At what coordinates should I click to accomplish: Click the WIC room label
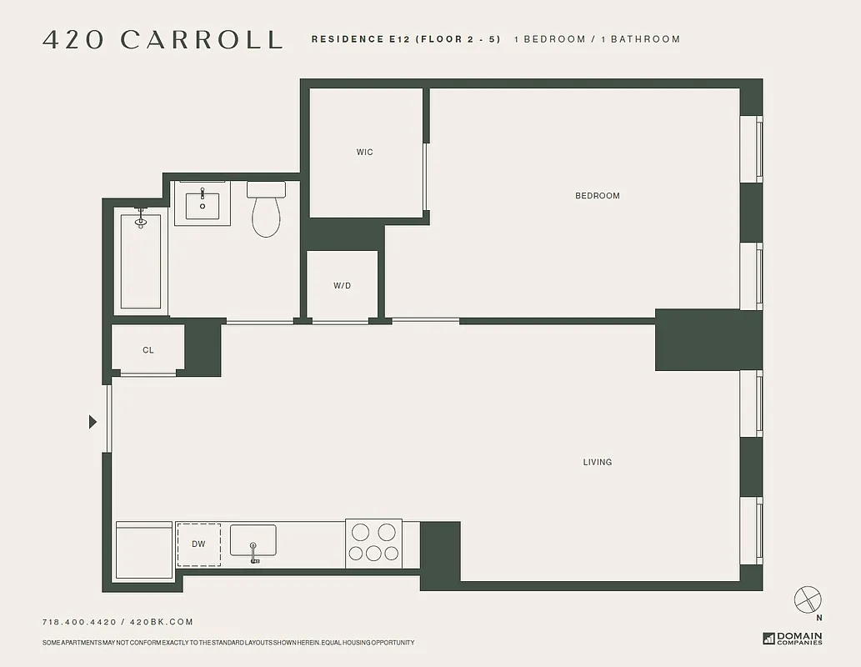pyautogui.click(x=364, y=152)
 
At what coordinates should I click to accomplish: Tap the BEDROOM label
pyautogui.click(x=597, y=196)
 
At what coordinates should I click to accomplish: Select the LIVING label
pyautogui.click(x=597, y=462)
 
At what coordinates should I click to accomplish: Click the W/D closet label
pyautogui.click(x=342, y=285)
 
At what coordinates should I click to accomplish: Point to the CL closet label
pyautogui.click(x=148, y=350)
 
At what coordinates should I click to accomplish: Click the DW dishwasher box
pyautogui.click(x=198, y=544)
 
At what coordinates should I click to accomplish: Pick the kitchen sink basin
pyautogui.click(x=253, y=540)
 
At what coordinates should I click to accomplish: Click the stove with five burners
pyautogui.click(x=373, y=543)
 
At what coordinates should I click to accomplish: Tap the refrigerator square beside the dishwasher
pyautogui.click(x=143, y=549)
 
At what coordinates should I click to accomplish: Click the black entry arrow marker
pyautogui.click(x=93, y=422)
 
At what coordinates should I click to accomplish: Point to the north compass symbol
pyautogui.click(x=808, y=599)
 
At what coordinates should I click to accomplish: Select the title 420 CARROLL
pyautogui.click(x=163, y=39)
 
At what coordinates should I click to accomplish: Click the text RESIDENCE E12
pyautogui.click(x=348, y=39)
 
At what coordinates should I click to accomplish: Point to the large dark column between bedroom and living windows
pyautogui.click(x=708, y=339)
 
